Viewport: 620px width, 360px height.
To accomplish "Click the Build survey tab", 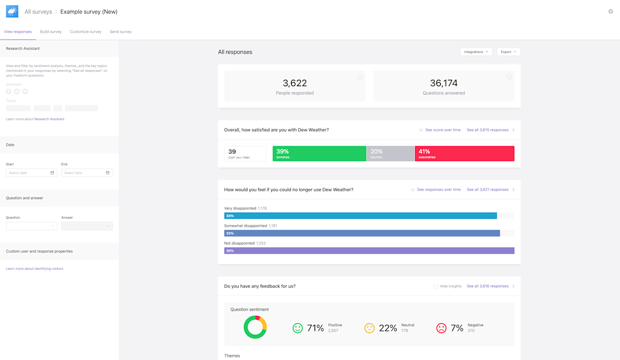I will click(51, 32).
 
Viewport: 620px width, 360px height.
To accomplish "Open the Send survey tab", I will click(121, 32).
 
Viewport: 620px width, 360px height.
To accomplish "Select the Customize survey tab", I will click(86, 32).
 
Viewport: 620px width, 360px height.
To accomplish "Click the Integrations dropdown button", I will click(476, 52).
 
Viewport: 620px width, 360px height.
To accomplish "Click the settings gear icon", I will click(610, 11).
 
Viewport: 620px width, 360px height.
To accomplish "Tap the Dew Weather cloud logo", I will click(12, 11).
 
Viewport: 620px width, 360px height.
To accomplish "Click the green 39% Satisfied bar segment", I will click(319, 153).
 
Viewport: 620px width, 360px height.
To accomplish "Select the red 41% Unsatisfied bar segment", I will click(464, 153).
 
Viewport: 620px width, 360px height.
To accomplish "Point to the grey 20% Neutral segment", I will click(390, 153).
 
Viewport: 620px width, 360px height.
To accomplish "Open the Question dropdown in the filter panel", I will click(31, 226).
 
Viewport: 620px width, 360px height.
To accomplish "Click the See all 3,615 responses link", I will click(487, 130).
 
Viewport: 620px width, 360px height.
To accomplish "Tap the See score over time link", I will click(443, 130).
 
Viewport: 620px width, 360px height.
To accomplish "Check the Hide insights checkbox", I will click(436, 286).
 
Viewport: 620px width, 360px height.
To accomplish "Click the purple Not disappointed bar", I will click(369, 250).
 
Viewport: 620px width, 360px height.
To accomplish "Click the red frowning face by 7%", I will click(441, 328).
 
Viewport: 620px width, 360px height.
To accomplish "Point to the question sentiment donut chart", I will click(255, 327).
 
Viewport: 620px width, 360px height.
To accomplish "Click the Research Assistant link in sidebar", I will click(49, 119).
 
